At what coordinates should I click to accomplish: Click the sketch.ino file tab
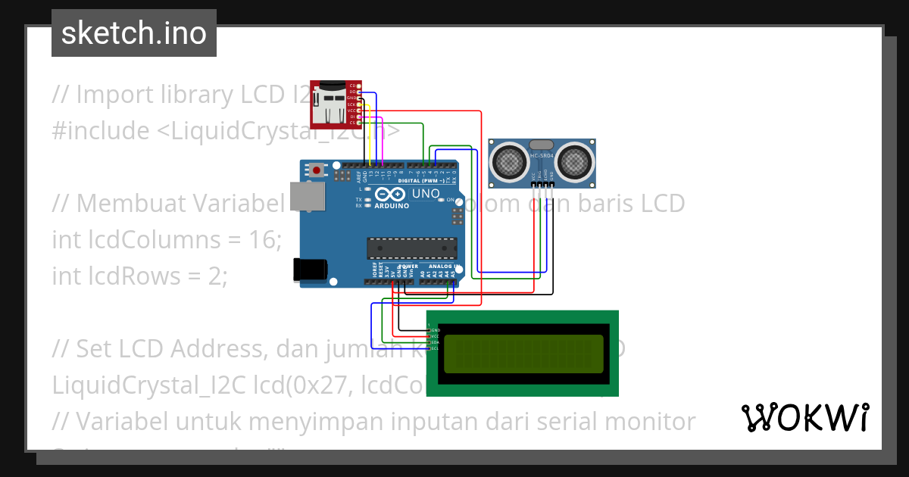(x=134, y=33)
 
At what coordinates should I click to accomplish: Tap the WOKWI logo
(x=804, y=417)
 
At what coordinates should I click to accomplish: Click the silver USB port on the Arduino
(x=308, y=198)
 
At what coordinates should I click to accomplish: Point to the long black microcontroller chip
(x=412, y=248)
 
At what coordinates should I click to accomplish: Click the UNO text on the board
(x=425, y=194)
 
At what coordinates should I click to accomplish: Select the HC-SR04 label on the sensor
(x=542, y=157)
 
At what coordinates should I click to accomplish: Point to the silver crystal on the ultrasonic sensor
(x=542, y=144)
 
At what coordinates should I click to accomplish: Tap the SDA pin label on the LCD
(x=436, y=342)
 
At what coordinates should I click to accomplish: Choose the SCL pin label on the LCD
(x=436, y=348)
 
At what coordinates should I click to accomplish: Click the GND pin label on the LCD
(x=436, y=331)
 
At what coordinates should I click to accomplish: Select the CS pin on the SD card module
(x=352, y=123)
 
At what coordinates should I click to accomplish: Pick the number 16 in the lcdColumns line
(x=263, y=240)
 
